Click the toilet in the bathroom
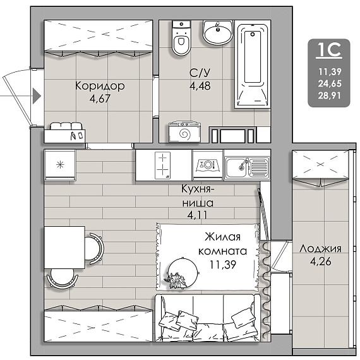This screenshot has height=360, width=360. click(x=181, y=38)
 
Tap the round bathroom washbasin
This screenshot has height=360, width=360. click(x=218, y=32)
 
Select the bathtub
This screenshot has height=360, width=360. click(x=253, y=66)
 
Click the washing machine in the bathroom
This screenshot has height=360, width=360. click(x=184, y=132)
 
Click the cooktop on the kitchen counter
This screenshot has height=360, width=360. click(x=162, y=165)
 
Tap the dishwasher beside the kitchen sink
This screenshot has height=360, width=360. click(x=208, y=165)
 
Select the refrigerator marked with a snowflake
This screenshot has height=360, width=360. click(x=60, y=165)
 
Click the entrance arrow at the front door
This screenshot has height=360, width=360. click(x=37, y=95)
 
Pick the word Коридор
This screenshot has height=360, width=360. click(x=100, y=86)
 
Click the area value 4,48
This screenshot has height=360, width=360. click(x=200, y=86)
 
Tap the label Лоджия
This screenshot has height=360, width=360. click(x=320, y=249)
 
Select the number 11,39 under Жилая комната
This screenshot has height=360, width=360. click(x=223, y=265)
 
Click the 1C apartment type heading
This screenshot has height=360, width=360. click(x=329, y=51)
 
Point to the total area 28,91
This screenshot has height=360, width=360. click(x=330, y=95)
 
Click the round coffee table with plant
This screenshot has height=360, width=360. click(x=183, y=272)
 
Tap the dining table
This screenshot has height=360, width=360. click(x=64, y=248)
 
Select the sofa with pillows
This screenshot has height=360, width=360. click(x=208, y=318)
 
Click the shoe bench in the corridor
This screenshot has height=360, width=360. click(x=65, y=133)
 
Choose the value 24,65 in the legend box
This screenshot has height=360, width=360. click(x=330, y=83)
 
